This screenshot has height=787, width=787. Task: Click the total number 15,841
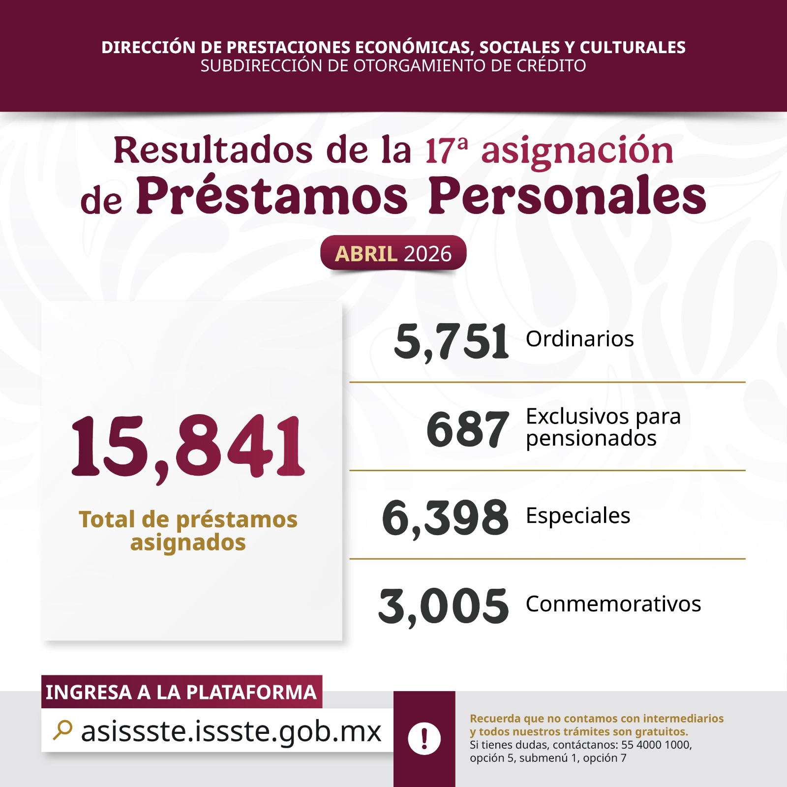pyautogui.click(x=188, y=446)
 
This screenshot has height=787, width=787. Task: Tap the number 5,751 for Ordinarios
pyautogui.click(x=452, y=341)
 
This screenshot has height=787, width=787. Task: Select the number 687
pyautogui.click(x=467, y=429)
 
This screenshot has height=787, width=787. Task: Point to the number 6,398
pyautogui.click(x=445, y=517)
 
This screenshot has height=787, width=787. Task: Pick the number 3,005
pyautogui.click(x=444, y=606)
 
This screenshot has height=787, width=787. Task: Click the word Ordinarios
pyautogui.click(x=579, y=339)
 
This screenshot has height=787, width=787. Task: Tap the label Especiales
pyautogui.click(x=578, y=515)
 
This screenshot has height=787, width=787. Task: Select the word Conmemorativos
pyautogui.click(x=613, y=604)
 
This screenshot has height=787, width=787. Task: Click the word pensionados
pyautogui.click(x=591, y=438)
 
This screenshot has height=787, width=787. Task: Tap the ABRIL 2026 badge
pyautogui.click(x=393, y=253)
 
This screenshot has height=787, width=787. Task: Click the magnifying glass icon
pyautogui.click(x=62, y=730)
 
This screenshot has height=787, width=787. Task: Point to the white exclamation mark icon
pyautogui.click(x=424, y=738)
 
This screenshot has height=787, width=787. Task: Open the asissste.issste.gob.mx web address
pyautogui.click(x=231, y=731)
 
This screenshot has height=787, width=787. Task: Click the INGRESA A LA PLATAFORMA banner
pyautogui.click(x=181, y=692)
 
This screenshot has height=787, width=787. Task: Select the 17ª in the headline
pyautogui.click(x=446, y=150)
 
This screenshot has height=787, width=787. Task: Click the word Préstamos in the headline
pyautogui.click(x=272, y=196)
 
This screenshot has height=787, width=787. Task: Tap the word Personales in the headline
pyautogui.click(x=567, y=196)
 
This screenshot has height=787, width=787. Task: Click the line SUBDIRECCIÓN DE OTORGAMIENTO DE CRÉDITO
pyautogui.click(x=393, y=65)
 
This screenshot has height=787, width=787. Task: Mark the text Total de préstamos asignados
pyautogui.click(x=188, y=531)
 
